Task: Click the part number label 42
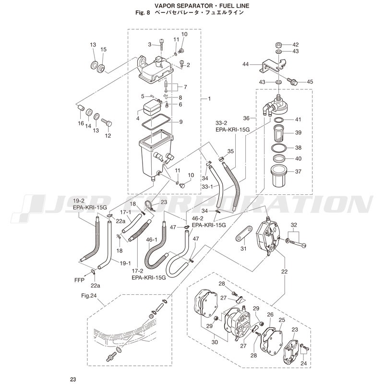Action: point(295,45)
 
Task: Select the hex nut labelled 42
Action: point(278,45)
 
